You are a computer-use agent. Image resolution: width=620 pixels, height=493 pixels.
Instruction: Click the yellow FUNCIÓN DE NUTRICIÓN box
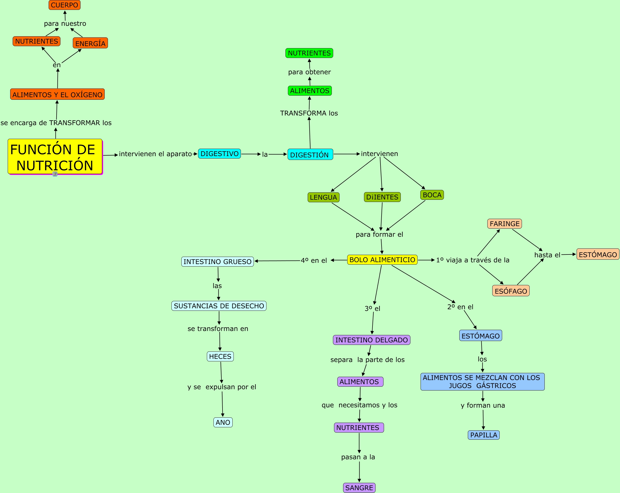(x=55, y=157)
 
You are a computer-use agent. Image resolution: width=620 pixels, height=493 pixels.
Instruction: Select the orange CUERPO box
(x=64, y=5)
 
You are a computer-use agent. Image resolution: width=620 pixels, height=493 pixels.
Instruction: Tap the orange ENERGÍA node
(x=90, y=43)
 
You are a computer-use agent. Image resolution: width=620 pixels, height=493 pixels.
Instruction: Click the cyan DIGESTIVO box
(x=219, y=154)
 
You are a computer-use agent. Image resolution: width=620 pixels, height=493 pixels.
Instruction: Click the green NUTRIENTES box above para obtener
(x=309, y=53)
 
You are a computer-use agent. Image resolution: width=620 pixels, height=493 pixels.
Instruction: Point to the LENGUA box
(x=324, y=197)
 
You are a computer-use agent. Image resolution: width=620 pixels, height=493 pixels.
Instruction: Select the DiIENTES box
(x=382, y=197)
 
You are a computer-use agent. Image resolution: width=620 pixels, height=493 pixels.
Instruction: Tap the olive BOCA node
(x=432, y=195)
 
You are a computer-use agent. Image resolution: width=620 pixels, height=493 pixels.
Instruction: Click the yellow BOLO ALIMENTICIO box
(x=382, y=260)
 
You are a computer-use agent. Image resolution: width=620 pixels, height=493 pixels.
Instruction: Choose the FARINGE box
(x=504, y=223)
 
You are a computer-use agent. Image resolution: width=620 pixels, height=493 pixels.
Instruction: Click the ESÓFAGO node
(x=511, y=290)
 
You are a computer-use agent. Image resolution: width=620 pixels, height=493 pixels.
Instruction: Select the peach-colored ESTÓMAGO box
(x=598, y=254)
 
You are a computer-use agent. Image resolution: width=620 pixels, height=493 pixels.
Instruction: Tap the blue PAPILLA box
(x=484, y=435)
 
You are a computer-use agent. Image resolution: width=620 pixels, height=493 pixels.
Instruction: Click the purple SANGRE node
(x=359, y=488)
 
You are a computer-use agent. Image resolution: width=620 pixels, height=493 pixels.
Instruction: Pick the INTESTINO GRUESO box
(x=217, y=261)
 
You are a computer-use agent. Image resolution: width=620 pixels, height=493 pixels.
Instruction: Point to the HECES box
(x=220, y=356)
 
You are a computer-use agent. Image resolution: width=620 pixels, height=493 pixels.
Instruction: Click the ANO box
(x=223, y=422)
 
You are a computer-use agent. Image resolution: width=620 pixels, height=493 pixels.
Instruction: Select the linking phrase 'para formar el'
(x=379, y=234)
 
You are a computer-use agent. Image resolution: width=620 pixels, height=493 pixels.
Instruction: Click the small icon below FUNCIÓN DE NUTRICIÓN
(x=55, y=174)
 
